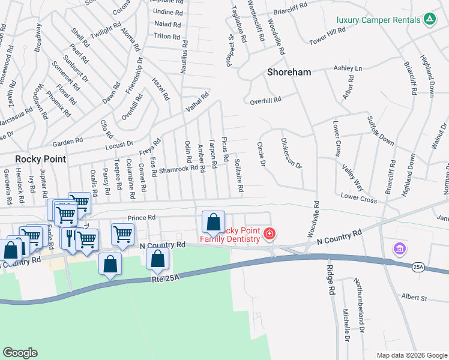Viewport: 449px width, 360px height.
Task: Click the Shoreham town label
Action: pos(289,72)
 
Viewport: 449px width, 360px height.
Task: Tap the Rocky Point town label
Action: pos(40,160)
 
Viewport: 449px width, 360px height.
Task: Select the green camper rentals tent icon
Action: pos(429,19)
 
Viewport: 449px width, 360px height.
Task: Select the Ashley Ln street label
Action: pos(348,68)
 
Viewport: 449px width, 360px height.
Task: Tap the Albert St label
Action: pos(414,298)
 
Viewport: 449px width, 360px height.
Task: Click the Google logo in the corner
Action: pos(20,353)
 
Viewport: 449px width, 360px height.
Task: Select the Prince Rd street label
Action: pos(141,218)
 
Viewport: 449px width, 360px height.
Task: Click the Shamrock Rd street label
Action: pos(178,169)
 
